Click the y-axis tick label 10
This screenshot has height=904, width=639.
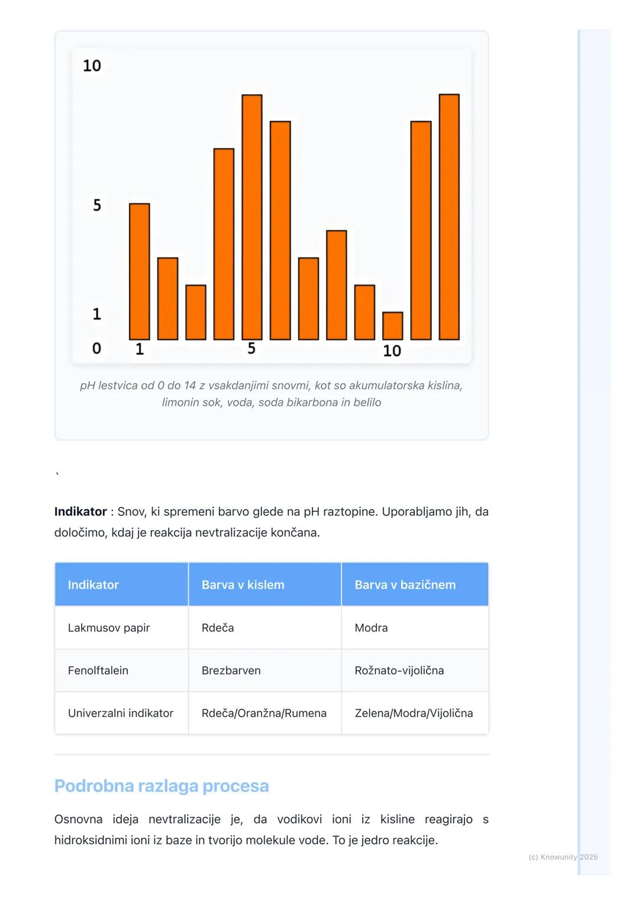click(x=92, y=66)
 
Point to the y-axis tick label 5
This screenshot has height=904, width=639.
click(x=97, y=205)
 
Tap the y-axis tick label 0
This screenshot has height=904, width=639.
click(x=96, y=348)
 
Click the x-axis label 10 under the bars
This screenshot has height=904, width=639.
click(x=392, y=351)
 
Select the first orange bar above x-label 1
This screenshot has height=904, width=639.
click(x=140, y=272)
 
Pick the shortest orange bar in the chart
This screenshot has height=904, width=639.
click(x=393, y=326)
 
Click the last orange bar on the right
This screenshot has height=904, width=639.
click(x=449, y=217)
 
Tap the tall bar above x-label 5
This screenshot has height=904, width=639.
click(x=252, y=217)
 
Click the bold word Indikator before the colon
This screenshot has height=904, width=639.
click(x=80, y=512)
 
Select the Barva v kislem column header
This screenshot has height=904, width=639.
click(x=243, y=585)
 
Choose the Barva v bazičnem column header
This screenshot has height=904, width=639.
click(x=405, y=585)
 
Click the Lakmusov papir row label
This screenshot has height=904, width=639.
click(x=109, y=628)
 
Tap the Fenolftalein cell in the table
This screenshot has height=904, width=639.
click(x=98, y=670)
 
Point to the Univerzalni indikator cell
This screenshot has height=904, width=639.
click(x=121, y=713)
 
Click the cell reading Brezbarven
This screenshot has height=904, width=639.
click(x=231, y=670)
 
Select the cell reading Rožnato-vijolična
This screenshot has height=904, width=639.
click(x=399, y=670)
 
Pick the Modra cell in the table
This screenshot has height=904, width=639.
click(x=371, y=628)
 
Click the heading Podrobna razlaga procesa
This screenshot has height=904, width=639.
click(x=162, y=786)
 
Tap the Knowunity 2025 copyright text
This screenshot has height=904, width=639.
click(x=563, y=857)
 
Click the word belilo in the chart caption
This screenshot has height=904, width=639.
click(x=367, y=402)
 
